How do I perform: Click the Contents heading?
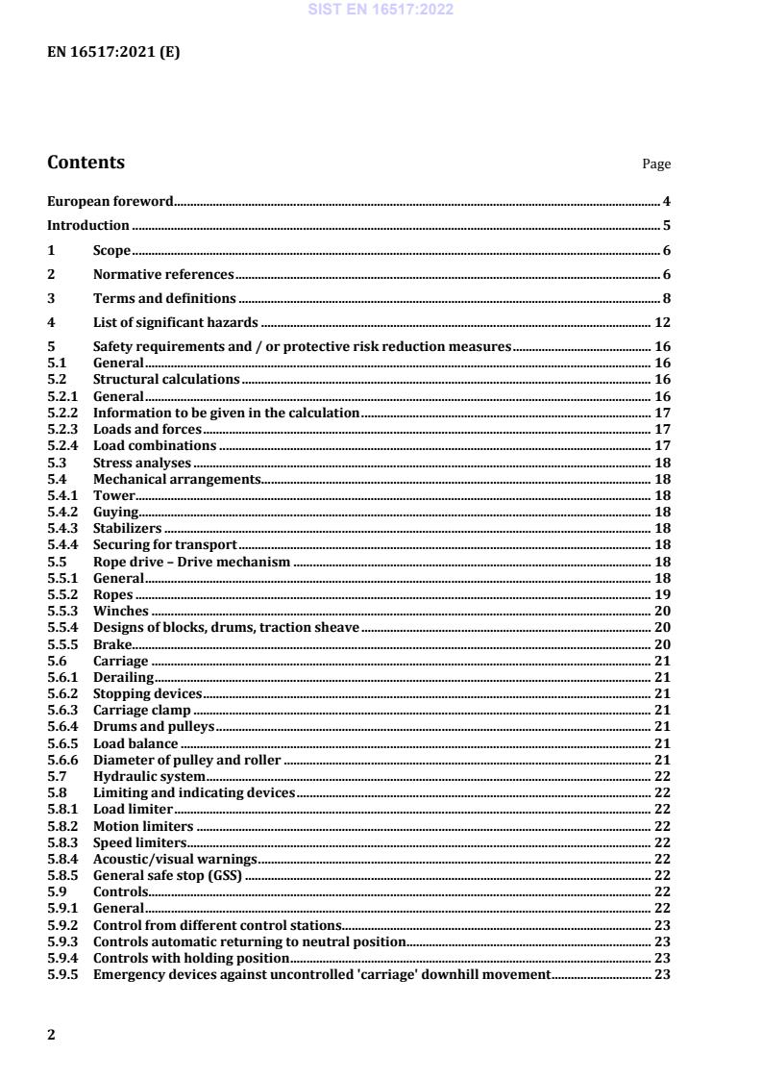pos(86,163)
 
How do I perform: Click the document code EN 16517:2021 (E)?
pos(113,53)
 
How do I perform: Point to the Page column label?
pos(656,164)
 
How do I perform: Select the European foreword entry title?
pos(110,201)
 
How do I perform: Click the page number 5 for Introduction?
pos(666,226)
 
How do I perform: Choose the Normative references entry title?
pos(163,275)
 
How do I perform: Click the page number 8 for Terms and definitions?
pos(666,299)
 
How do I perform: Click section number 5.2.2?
pos(62,413)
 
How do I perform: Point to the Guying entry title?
pos(115,513)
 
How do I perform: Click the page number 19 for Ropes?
pos(662,595)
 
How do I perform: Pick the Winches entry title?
pos(120,612)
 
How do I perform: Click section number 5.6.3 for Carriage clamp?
pos(62,710)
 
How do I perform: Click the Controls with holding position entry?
pos(190,958)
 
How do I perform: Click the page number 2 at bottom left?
pos(52,1035)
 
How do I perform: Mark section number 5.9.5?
pos(62,974)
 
